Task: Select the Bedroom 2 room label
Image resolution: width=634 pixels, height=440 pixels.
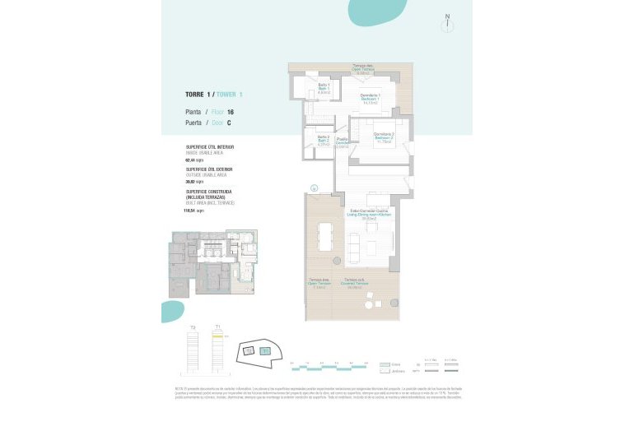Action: [383, 137]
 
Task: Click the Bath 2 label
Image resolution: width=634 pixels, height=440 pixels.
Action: [324, 141]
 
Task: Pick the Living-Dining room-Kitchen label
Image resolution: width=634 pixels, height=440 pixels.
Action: [363, 215]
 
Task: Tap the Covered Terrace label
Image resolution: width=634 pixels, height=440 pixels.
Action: [355, 287]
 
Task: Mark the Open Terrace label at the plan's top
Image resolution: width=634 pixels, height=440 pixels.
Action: [363, 69]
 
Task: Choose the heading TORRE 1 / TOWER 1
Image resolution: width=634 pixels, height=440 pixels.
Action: [214, 95]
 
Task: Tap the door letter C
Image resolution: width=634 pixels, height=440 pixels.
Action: [228, 123]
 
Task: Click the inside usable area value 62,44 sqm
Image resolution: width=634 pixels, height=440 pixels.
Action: [196, 160]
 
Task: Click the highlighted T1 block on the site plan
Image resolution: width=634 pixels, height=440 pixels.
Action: [265, 351]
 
